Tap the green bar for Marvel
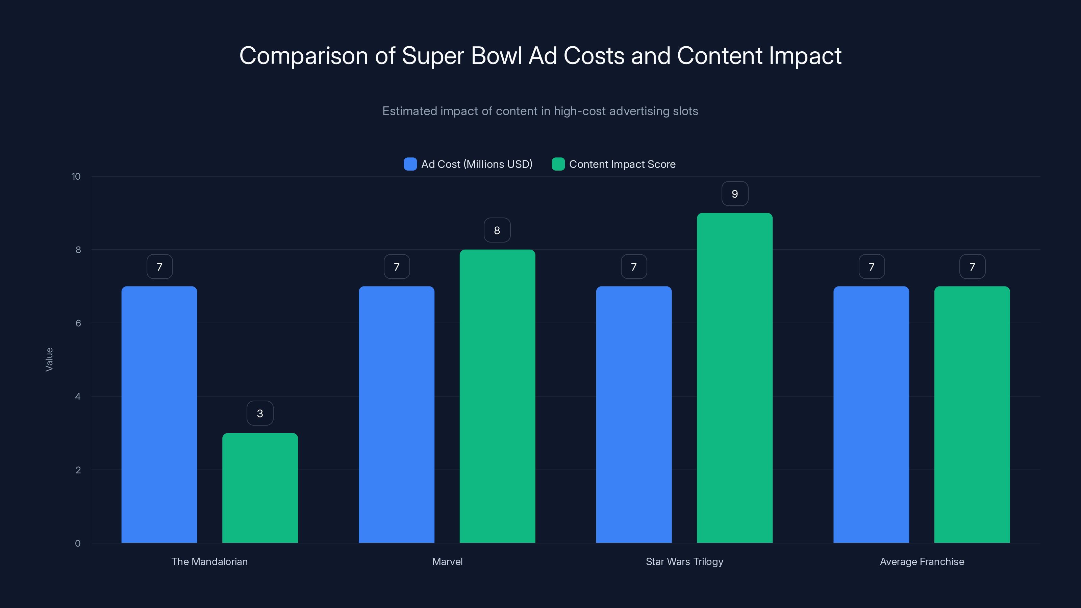pos(497,396)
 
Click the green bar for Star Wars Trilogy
pos(734,378)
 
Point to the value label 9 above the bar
pos(734,194)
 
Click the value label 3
pos(260,413)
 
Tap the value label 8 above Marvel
pos(497,230)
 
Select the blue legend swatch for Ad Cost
pos(410,164)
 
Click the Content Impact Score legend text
pos(622,164)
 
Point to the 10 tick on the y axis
pos(76,176)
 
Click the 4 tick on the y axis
pos(78,397)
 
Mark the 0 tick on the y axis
pos(78,543)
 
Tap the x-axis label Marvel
pos(447,561)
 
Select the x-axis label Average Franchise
pos(922,561)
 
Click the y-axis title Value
pos(49,359)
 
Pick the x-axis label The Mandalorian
pos(209,561)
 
